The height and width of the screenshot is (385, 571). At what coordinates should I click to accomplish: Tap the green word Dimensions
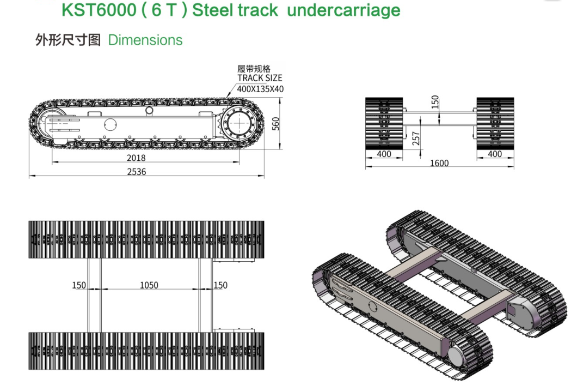[x=145, y=40]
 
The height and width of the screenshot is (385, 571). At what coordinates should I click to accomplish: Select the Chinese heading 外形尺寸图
[x=68, y=40]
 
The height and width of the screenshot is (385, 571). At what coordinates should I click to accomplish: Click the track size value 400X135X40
[x=260, y=88]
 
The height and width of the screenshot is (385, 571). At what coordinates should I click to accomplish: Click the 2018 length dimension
[x=136, y=158]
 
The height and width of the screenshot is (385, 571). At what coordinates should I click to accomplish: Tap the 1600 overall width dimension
[x=439, y=163]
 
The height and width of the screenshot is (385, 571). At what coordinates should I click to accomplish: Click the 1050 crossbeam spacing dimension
[x=149, y=285]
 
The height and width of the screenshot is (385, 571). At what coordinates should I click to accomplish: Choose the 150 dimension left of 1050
[x=79, y=285]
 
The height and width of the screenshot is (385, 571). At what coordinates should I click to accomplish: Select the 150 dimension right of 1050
[x=220, y=285]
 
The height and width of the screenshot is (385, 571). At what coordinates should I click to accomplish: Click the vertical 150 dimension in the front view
[x=434, y=102]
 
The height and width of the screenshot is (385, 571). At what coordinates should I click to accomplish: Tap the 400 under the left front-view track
[x=384, y=154]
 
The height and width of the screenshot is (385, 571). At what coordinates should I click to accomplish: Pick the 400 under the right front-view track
[x=495, y=154]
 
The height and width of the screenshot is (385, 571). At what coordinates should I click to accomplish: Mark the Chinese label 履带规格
[x=254, y=69]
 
